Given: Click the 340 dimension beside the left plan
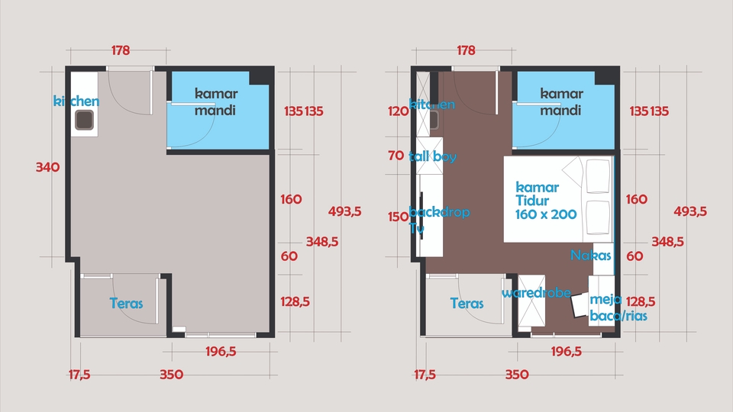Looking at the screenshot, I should (47, 167).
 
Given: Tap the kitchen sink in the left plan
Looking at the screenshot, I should (84, 120).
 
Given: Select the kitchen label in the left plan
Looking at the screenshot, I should (76, 101).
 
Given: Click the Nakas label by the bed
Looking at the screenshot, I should (591, 256).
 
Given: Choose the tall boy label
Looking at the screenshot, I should (432, 156).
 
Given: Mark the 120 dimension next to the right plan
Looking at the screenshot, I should (398, 111).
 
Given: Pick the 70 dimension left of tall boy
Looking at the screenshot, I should (396, 156).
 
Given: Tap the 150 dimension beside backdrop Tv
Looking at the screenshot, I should (398, 217).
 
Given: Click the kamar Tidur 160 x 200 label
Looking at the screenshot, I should (546, 201).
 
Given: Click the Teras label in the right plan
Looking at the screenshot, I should (467, 303).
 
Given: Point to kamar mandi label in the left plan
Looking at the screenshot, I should (216, 102).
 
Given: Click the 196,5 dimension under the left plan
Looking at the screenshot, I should (221, 352).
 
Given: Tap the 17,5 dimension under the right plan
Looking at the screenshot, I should (425, 375).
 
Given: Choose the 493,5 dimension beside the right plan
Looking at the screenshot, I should (689, 211).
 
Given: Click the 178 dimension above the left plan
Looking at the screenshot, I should (121, 51).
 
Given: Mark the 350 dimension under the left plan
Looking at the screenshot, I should (172, 375).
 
